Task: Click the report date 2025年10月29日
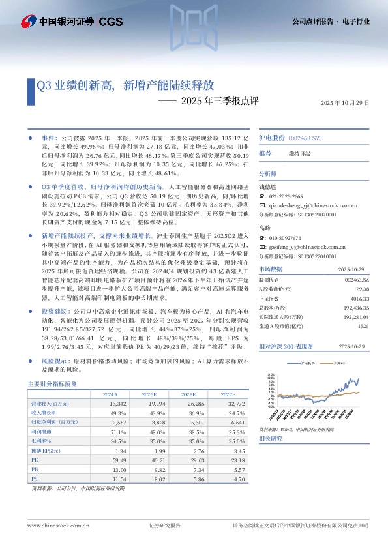point(345,103)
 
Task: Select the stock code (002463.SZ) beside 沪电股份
point(306,139)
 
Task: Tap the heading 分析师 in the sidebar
point(267,174)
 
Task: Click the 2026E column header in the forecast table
point(188,394)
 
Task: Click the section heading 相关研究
point(269,439)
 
